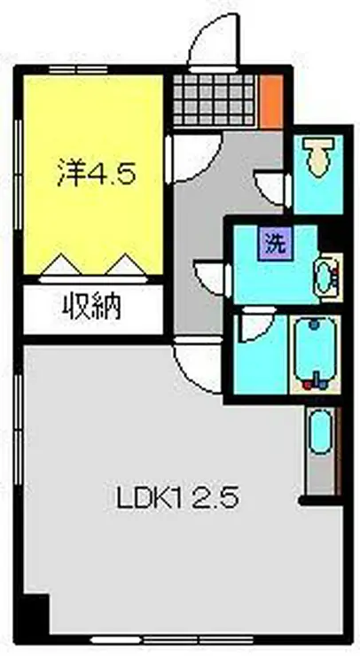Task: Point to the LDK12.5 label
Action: click(x=176, y=499)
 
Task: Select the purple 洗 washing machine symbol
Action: click(x=276, y=242)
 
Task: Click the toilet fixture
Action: click(x=315, y=160)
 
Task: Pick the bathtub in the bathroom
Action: click(x=317, y=353)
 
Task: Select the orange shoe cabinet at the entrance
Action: click(x=272, y=100)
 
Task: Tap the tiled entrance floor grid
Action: click(x=215, y=101)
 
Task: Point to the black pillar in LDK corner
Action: click(x=35, y=611)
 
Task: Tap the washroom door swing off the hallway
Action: click(x=212, y=276)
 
